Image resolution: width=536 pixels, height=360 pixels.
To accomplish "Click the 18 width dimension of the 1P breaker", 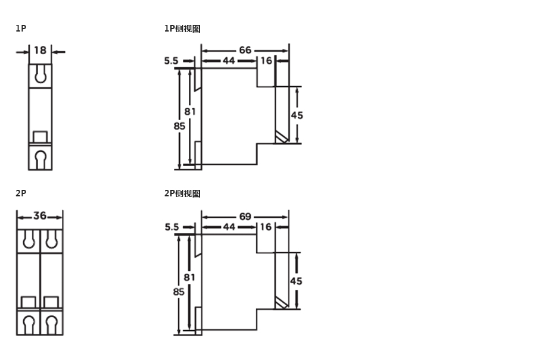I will [40, 51].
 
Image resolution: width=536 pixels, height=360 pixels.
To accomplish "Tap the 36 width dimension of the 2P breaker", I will [40, 216].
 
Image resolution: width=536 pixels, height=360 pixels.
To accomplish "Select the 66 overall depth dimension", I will [245, 50].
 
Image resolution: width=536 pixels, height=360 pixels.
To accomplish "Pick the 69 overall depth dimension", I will [245, 216].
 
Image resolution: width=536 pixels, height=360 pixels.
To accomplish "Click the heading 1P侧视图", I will [182, 29].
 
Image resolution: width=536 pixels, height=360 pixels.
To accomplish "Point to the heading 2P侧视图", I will [182, 193].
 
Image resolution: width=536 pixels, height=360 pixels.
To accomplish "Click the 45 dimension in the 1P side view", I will [297, 115].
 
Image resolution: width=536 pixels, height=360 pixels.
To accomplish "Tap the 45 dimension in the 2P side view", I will [297, 280].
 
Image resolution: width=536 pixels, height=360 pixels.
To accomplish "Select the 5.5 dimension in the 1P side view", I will [172, 61].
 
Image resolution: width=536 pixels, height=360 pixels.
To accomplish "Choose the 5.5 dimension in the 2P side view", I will [172, 227].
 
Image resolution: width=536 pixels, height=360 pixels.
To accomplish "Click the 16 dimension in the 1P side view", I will [266, 61].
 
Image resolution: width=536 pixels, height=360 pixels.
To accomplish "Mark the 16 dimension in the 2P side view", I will [266, 227].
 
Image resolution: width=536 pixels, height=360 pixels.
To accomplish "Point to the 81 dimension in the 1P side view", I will [190, 111].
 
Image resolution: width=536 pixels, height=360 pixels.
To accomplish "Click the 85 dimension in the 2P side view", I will [179, 292].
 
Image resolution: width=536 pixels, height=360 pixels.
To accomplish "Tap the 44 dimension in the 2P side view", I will [229, 227].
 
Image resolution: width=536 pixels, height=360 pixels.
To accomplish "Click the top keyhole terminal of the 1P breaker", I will [40, 74].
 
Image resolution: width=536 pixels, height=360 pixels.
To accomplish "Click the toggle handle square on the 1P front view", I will [40, 137].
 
